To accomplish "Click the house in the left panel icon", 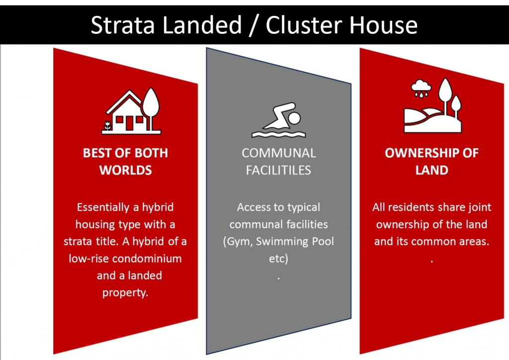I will (x=125, y=114).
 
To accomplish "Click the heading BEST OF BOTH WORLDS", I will (x=125, y=161).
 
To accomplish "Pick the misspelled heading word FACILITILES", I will (x=278, y=170).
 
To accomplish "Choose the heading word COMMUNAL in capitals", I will (x=278, y=153).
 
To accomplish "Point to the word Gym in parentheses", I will (x=237, y=242).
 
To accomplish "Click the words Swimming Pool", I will (x=293, y=242).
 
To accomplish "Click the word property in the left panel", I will (x=125, y=292).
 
